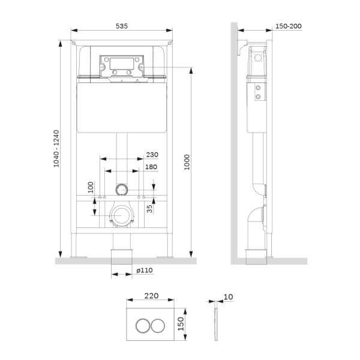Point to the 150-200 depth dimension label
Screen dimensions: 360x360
[288, 26]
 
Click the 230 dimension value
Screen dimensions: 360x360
[152, 154]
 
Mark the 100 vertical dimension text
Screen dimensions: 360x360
[91, 187]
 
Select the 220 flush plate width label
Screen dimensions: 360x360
[152, 295]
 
